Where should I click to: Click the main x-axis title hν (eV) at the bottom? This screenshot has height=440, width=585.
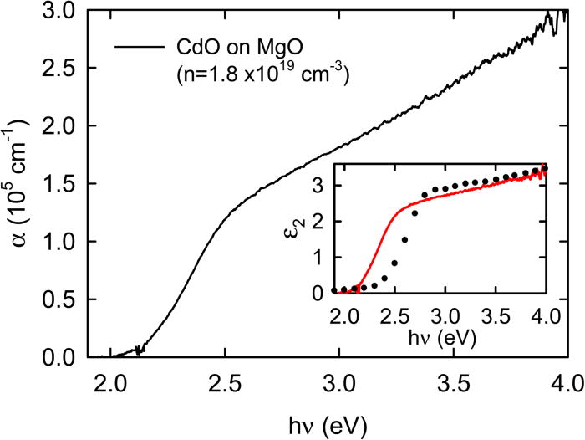click(326, 423)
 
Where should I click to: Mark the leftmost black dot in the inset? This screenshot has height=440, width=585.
click(333, 290)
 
